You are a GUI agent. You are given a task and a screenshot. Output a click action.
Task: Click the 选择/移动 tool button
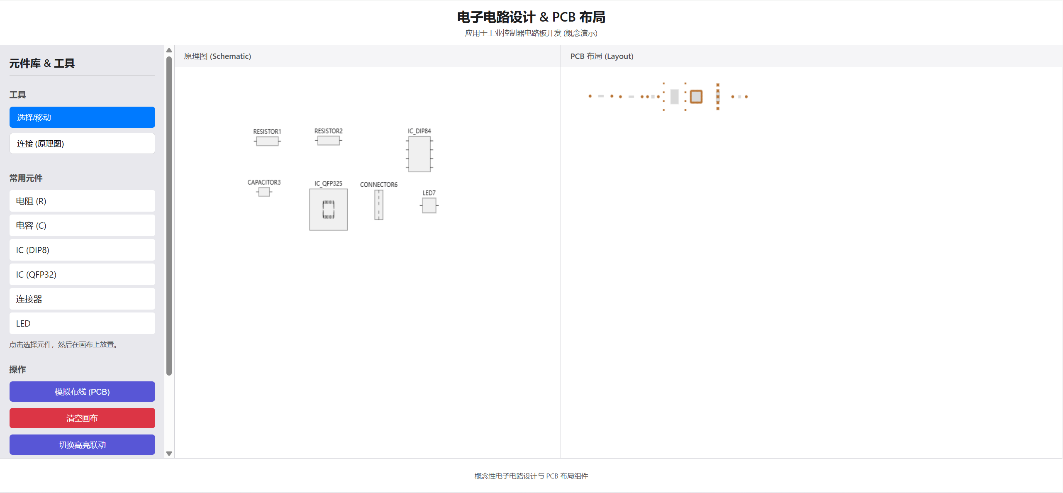coord(82,117)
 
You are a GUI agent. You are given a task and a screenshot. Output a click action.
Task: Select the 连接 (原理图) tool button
coord(82,144)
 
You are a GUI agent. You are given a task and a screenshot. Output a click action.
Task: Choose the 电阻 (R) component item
coord(82,201)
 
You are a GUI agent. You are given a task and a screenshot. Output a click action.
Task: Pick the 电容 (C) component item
coord(82,226)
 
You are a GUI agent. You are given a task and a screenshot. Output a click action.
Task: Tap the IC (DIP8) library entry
coord(82,250)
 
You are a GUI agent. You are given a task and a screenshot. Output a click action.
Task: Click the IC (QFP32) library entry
coord(82,275)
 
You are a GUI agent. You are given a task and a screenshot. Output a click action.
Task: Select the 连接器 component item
coord(82,299)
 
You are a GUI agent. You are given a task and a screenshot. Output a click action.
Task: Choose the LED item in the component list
coord(82,324)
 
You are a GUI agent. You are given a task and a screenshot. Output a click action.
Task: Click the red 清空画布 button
coord(82,418)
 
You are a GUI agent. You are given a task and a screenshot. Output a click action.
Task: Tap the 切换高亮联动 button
coord(82,445)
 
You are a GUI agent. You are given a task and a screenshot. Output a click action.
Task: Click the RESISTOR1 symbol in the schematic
coord(267,142)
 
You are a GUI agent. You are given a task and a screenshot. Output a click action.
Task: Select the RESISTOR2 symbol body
coord(328,141)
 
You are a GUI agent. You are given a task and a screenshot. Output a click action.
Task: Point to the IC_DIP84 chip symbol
coord(419,154)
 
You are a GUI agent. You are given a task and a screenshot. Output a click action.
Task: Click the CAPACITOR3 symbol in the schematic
coord(264,192)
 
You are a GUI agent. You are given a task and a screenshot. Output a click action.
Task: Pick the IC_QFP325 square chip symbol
coord(328,210)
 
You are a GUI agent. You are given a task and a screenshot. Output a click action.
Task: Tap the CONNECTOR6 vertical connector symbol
coord(378,205)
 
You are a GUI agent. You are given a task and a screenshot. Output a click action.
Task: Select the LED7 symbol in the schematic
coord(429,205)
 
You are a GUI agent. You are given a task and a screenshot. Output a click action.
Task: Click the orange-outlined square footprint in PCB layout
coord(696,97)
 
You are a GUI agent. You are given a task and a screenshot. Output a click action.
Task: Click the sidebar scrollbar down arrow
coord(169,454)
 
